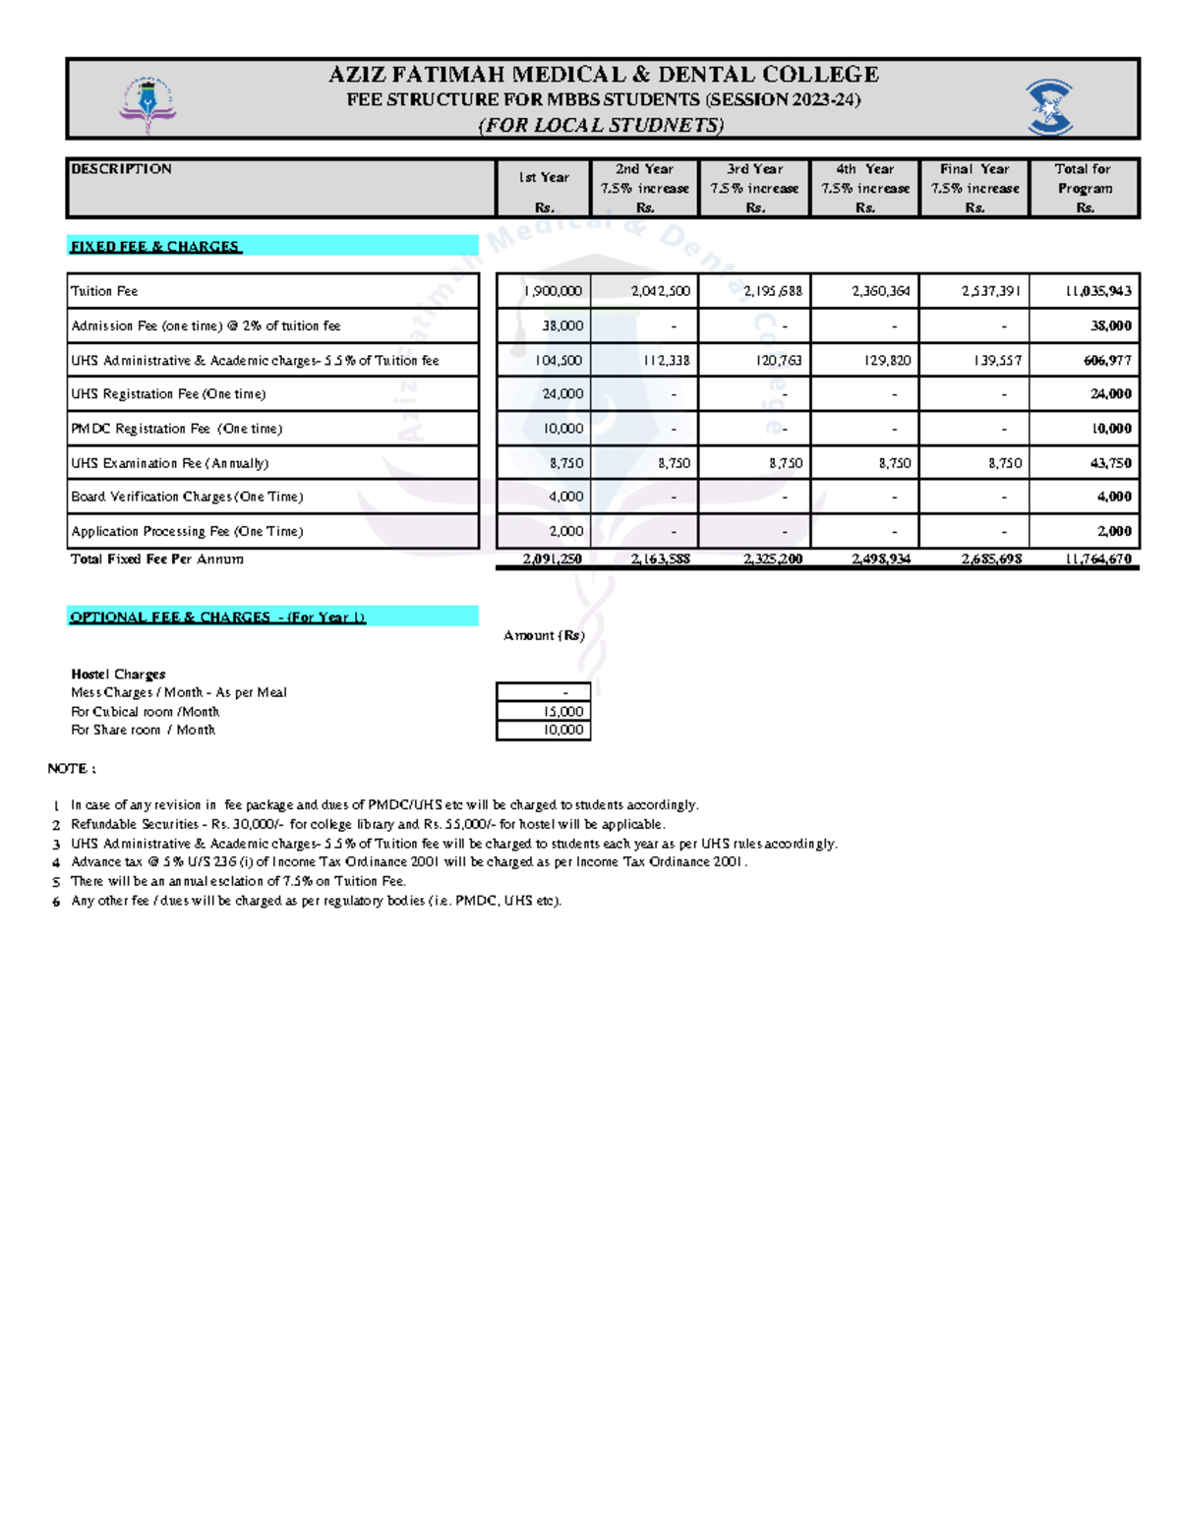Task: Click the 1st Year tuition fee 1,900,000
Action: [x=553, y=291]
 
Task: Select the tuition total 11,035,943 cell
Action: [x=1098, y=291]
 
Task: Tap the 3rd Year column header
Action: [x=754, y=187]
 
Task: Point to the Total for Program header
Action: [x=1084, y=187]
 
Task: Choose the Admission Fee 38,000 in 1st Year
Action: [x=562, y=325]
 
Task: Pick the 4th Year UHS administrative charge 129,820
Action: [x=887, y=361]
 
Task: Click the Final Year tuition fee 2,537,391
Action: [x=991, y=291]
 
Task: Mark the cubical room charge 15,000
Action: [x=563, y=711]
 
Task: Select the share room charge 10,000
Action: [x=563, y=730]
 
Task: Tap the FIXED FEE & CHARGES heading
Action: [x=155, y=246]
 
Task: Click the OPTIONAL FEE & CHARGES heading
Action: [x=217, y=617]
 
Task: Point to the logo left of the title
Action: [x=147, y=104]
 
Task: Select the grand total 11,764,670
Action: [x=1098, y=558]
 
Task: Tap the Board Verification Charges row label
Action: [x=187, y=497]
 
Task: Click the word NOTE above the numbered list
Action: [x=71, y=768]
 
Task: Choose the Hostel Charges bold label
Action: [x=118, y=674]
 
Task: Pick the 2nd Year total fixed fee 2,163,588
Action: [x=660, y=558]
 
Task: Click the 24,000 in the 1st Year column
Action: [x=562, y=393]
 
